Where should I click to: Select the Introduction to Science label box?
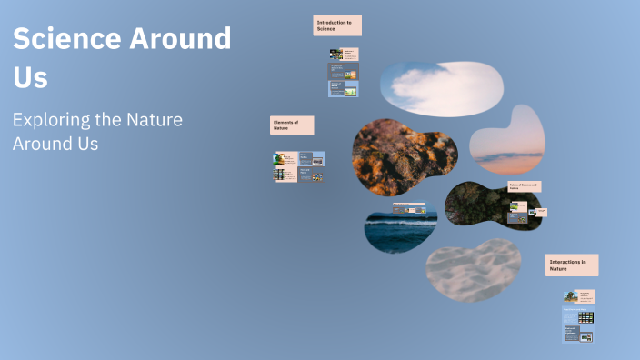pyautogui.click(x=337, y=25)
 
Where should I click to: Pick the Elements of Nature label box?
pyautogui.click(x=292, y=125)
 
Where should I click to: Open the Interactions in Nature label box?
pyautogui.click(x=572, y=265)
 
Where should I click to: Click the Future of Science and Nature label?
pyautogui.click(x=525, y=185)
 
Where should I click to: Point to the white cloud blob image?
pyautogui.click(x=440, y=83)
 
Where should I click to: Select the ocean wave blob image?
pyautogui.click(x=400, y=231)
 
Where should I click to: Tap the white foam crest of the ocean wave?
pyautogui.click(x=400, y=221)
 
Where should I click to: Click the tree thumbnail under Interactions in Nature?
pyautogui.click(x=569, y=295)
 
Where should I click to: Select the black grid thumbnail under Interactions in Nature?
pyautogui.click(x=586, y=316)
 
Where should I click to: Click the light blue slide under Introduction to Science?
pyautogui.click(x=343, y=88)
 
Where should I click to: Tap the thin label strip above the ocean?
pyautogui.click(x=409, y=205)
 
